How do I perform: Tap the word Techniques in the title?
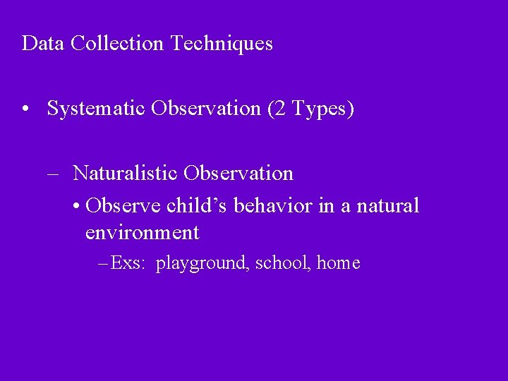coord(220,44)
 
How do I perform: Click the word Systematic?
coord(96,109)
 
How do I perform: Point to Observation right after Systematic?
coord(205,109)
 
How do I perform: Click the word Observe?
coord(123,206)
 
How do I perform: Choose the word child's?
coord(198,206)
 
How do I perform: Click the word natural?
coord(387,206)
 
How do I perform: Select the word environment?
coord(142,232)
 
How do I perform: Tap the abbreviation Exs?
coord(127,264)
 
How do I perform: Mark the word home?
coord(339,264)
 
